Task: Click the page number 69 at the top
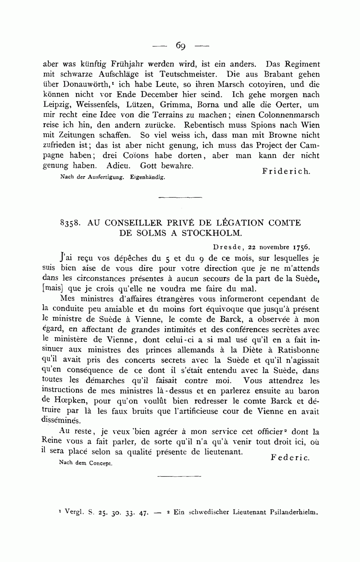[x=180, y=46]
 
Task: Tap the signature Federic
[x=290, y=458]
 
